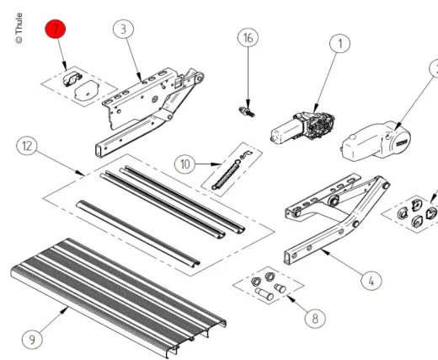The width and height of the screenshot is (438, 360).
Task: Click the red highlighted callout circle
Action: (x=56, y=30)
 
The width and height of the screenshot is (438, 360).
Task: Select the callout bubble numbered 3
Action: (x=124, y=29)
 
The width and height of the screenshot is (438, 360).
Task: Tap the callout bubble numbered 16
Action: (x=247, y=38)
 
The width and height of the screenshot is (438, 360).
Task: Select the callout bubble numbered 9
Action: (x=31, y=339)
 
